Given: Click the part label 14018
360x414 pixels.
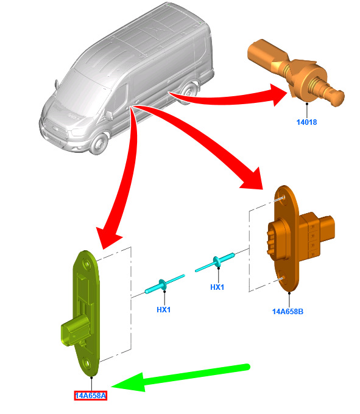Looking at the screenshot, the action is click(x=306, y=122).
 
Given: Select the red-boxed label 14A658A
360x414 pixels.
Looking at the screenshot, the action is click(x=91, y=396).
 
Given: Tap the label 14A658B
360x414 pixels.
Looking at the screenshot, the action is click(x=288, y=312).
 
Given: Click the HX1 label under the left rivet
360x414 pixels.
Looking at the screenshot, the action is click(x=163, y=309).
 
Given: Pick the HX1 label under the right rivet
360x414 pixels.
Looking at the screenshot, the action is click(x=217, y=287).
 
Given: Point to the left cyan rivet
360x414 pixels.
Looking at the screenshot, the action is click(x=164, y=284).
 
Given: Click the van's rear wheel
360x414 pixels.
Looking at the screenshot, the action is click(x=189, y=93).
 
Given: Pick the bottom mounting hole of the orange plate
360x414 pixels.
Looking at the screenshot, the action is click(x=283, y=279).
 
